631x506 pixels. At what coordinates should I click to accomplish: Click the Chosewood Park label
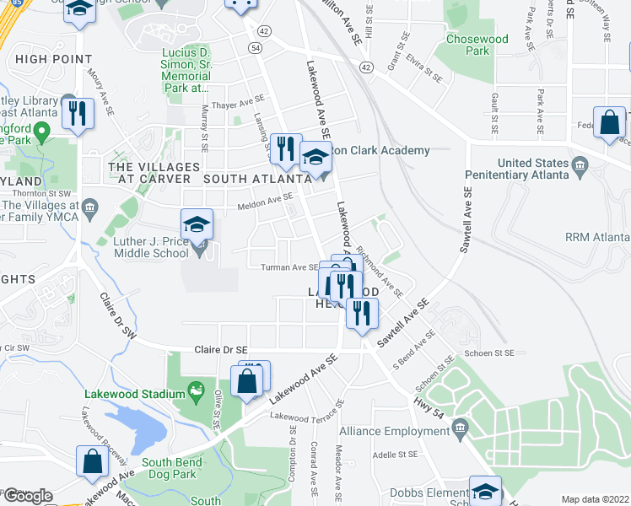tap(477, 45)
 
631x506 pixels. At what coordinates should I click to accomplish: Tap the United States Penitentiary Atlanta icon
tap(580, 164)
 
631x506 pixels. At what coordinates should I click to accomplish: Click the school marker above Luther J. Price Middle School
tap(197, 225)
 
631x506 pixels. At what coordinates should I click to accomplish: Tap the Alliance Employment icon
tap(461, 429)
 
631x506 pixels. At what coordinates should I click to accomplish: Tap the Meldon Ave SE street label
tap(264, 196)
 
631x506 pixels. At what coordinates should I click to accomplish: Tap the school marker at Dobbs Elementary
tap(485, 492)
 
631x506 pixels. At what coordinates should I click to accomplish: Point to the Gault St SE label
tap(494, 115)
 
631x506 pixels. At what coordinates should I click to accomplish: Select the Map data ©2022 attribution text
tap(596, 499)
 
